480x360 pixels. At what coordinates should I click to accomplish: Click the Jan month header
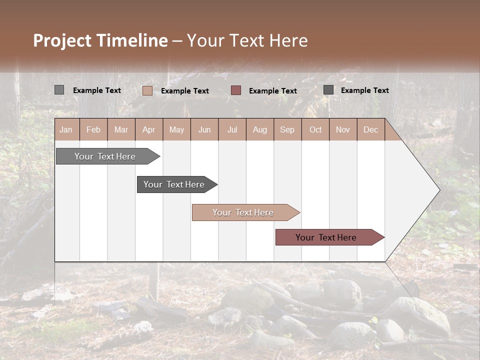tap(66, 129)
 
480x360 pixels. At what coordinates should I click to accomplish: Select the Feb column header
tap(93, 129)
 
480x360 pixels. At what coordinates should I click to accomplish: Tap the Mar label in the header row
tap(121, 129)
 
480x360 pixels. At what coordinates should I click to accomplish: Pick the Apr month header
tap(149, 129)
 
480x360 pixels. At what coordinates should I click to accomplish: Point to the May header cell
tap(176, 129)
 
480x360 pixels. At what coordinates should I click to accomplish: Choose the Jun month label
tap(204, 129)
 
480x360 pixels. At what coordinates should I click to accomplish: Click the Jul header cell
tap(232, 129)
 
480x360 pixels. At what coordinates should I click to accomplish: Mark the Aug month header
tap(260, 129)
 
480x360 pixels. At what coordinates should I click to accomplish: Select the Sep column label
tap(287, 129)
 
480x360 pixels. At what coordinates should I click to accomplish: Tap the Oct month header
tap(315, 129)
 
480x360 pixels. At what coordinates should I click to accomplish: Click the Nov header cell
tap(343, 129)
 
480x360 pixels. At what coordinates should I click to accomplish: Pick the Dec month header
tap(371, 129)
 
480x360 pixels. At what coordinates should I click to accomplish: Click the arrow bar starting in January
tap(105, 156)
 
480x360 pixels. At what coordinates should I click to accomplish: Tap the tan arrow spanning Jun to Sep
tap(243, 212)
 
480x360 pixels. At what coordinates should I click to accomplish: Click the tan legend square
tap(147, 90)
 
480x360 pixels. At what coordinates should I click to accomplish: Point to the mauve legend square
tap(236, 90)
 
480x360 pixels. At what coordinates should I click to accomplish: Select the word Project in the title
tap(62, 40)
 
